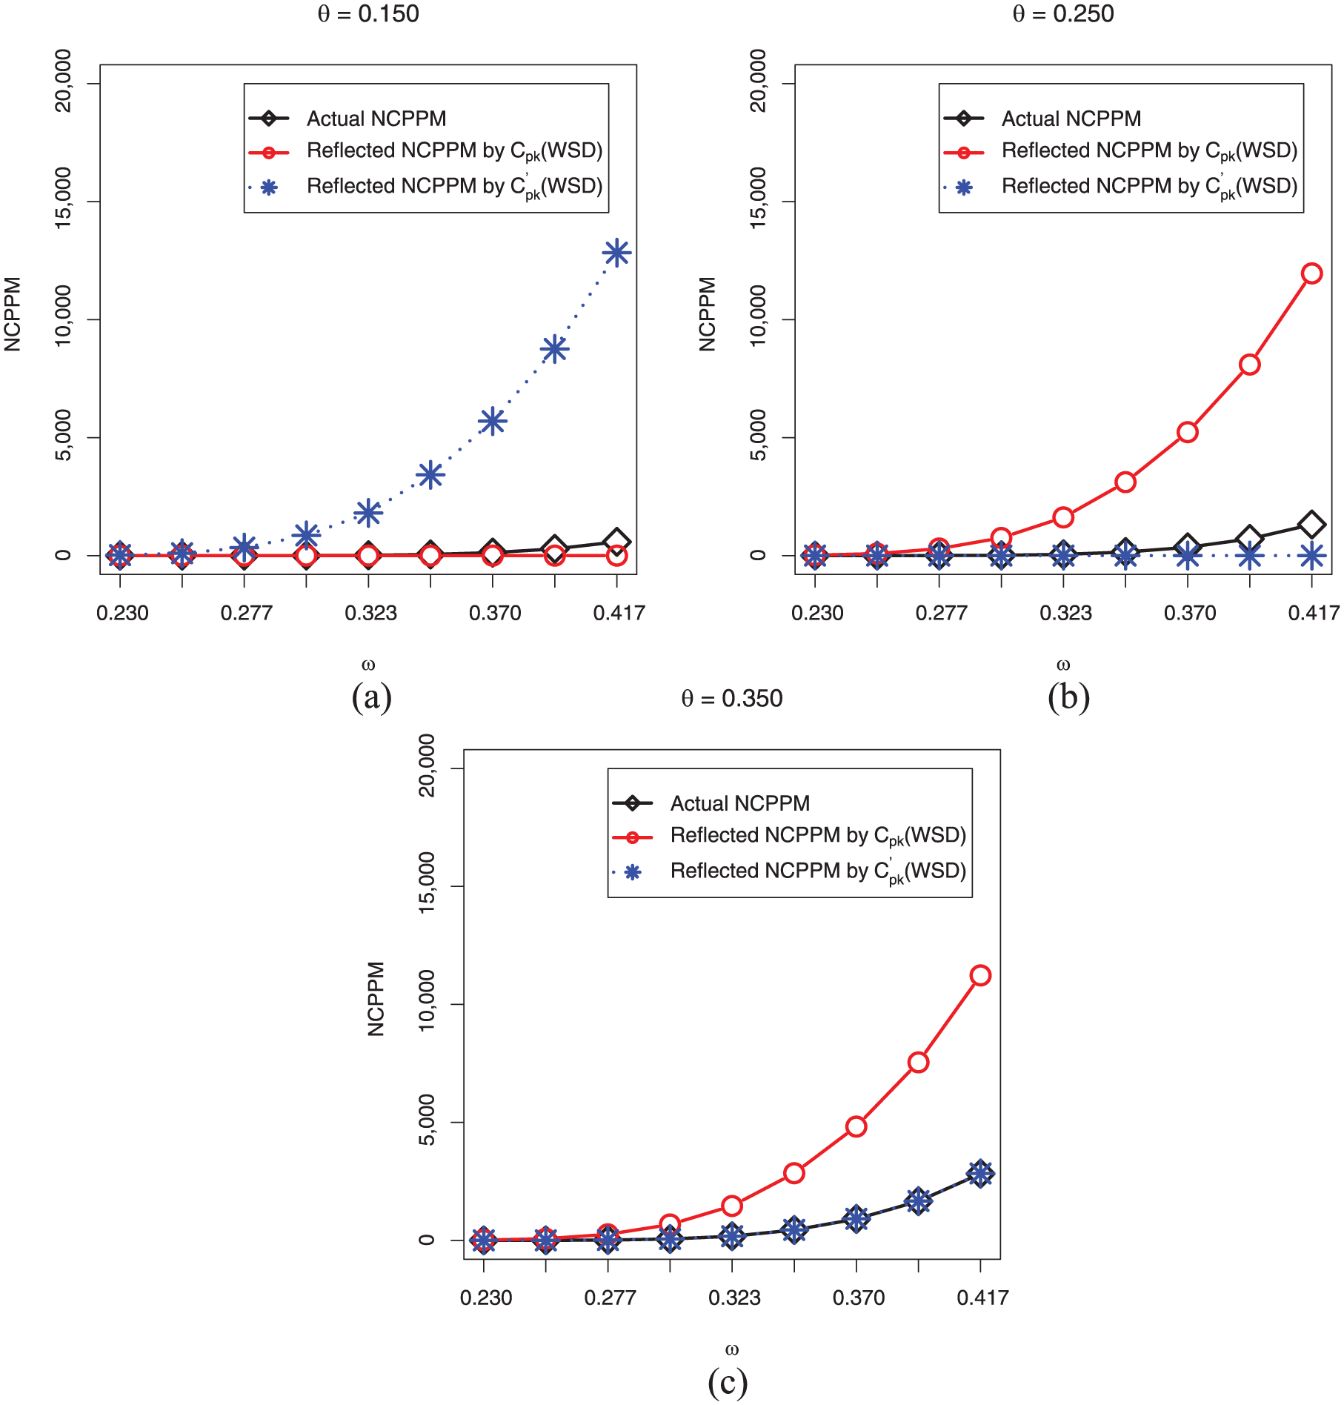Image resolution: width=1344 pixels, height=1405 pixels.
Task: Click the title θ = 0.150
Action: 368,14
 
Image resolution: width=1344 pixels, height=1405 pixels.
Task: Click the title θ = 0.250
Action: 1063,14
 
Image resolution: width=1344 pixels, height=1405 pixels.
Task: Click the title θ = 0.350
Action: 732,699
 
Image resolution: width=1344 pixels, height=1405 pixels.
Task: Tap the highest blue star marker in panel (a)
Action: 616,253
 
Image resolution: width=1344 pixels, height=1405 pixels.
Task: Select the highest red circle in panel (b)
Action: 1312,273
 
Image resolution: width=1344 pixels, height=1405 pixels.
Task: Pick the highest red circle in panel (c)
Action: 980,975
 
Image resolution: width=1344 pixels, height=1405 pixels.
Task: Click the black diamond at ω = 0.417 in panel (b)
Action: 1312,525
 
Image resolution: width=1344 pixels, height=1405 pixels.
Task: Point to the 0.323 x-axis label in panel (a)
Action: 370,613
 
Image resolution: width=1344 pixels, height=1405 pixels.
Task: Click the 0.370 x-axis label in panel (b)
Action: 1190,613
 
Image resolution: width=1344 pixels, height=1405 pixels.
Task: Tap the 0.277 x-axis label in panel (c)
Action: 610,1298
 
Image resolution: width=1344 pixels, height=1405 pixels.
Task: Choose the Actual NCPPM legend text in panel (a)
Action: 376,119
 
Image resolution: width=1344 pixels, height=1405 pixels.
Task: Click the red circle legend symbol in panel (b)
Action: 964,153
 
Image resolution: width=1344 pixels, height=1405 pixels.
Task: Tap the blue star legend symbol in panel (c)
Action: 632,872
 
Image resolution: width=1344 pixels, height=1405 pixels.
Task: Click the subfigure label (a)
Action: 371,697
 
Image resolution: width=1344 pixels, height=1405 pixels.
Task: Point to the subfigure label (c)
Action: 728,1382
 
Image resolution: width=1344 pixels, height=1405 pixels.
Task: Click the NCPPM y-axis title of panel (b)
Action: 708,314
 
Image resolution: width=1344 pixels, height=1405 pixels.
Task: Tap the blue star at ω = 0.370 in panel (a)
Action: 493,422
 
